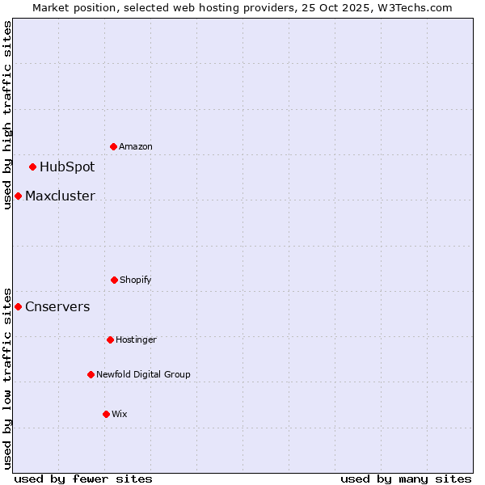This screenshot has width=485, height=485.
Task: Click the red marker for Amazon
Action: click(114, 146)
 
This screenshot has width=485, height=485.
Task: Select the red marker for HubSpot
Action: click(33, 167)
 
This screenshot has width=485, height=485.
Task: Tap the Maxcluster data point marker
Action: click(18, 196)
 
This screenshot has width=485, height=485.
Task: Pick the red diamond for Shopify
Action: click(114, 280)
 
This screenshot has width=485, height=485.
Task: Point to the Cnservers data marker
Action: click(18, 306)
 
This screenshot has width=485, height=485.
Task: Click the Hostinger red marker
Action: click(110, 339)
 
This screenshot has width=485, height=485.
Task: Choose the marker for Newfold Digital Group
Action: click(91, 374)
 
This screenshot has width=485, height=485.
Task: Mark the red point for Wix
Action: click(106, 414)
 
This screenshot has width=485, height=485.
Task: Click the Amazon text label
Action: click(136, 146)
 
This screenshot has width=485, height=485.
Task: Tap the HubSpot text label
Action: click(67, 167)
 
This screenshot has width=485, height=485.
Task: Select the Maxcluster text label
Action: click(60, 196)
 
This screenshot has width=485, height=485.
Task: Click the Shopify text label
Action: click(136, 280)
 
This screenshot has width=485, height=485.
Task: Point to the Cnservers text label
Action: click(57, 306)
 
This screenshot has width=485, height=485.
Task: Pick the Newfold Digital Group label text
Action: click(143, 374)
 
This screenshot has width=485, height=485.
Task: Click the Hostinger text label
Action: click(136, 339)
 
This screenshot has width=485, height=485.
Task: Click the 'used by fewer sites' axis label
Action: click(83, 479)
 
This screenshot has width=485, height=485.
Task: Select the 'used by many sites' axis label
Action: click(406, 479)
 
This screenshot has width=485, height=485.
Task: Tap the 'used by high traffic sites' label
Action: click(7, 115)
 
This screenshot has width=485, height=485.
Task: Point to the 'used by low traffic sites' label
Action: click(7, 377)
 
